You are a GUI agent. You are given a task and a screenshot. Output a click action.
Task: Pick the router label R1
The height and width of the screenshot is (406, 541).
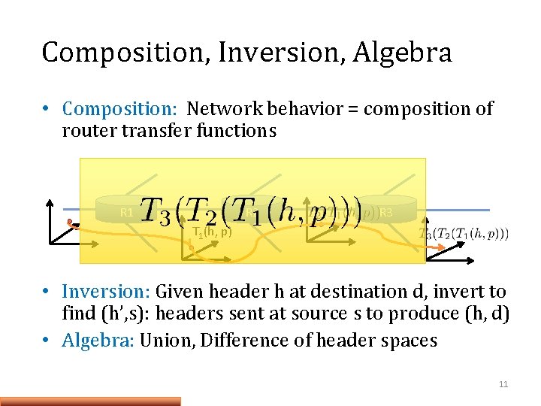[x=127, y=213]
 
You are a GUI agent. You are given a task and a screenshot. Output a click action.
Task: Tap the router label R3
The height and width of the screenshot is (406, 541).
[x=385, y=213]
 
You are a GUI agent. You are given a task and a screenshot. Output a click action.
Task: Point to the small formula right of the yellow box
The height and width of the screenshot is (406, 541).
[x=464, y=234]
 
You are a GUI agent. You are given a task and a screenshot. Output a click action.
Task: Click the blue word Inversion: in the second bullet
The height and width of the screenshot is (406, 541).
[x=107, y=292]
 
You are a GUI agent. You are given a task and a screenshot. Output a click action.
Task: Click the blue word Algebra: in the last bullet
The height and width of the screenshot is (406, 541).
[x=98, y=341]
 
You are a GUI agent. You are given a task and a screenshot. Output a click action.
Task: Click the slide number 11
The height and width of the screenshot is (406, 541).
[x=503, y=384]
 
